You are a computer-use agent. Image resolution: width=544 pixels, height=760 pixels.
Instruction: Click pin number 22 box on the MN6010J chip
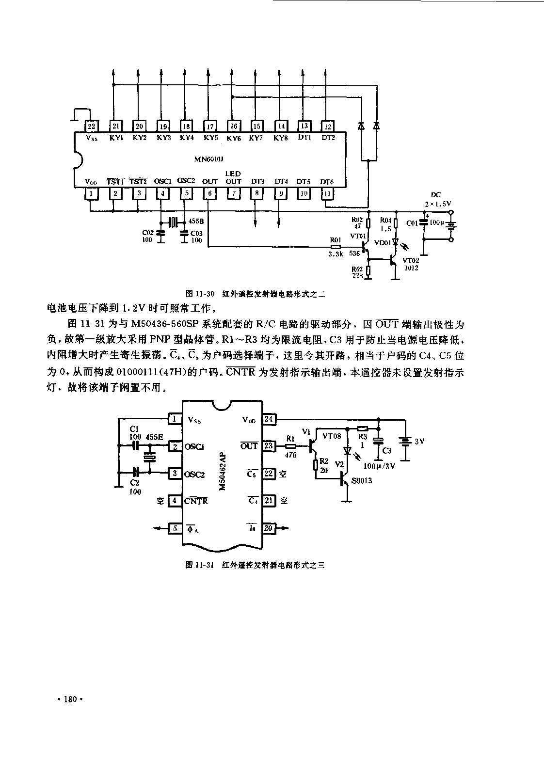point(91,126)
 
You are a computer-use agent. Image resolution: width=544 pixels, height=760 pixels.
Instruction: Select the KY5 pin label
point(210,138)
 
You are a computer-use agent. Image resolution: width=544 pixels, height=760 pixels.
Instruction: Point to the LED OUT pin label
point(233,177)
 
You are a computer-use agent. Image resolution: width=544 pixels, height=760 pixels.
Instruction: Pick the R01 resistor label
point(335,239)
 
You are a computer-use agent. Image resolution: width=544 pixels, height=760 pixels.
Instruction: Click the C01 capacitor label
point(412,223)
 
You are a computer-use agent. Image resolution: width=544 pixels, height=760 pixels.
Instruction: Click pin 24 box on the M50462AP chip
point(268,419)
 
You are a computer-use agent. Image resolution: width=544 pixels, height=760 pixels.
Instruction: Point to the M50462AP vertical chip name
point(222,470)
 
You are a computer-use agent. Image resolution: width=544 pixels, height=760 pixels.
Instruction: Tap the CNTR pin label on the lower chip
point(196,501)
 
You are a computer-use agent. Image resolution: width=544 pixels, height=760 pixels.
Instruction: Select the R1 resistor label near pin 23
point(290,438)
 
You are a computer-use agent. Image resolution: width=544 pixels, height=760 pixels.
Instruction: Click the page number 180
point(70,699)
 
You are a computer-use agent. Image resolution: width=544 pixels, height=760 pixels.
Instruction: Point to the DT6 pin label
point(327,181)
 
